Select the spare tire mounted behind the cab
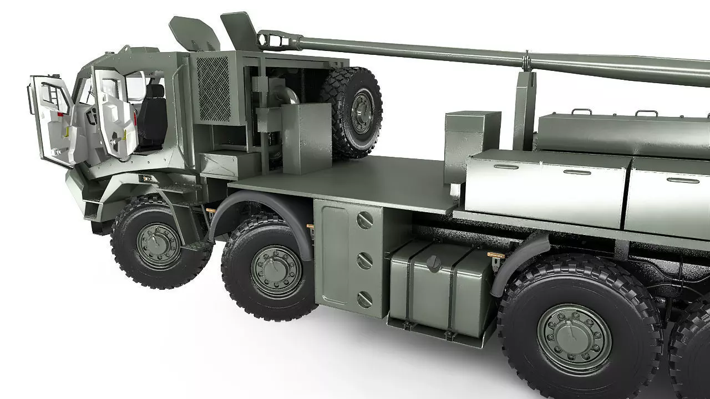coord(353,111)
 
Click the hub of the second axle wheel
coord(276,271)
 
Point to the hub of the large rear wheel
coord(574,336)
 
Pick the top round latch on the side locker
coord(364,221)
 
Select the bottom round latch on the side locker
coord(364,300)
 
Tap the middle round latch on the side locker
coord(364,260)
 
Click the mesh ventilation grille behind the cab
coord(213,89)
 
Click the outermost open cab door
coord(53,119)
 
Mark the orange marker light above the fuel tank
coord(495,255)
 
